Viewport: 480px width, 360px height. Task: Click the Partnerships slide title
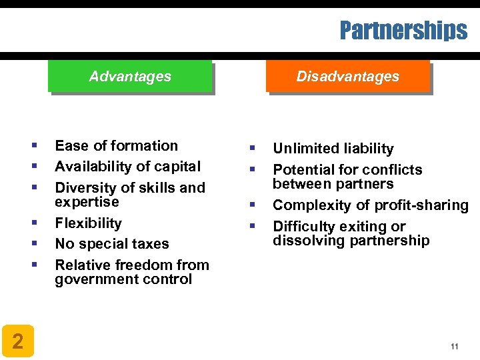pyautogui.click(x=403, y=31)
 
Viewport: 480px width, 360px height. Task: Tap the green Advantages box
pyautogui.click(x=130, y=77)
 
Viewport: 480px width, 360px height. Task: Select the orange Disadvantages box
pyautogui.click(x=347, y=77)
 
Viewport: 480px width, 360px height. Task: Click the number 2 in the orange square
pyautogui.click(x=18, y=342)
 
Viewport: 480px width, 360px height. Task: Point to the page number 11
pyautogui.click(x=455, y=346)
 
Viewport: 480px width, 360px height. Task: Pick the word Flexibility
pyautogui.click(x=88, y=223)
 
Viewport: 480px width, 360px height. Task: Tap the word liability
pyautogui.click(x=369, y=149)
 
